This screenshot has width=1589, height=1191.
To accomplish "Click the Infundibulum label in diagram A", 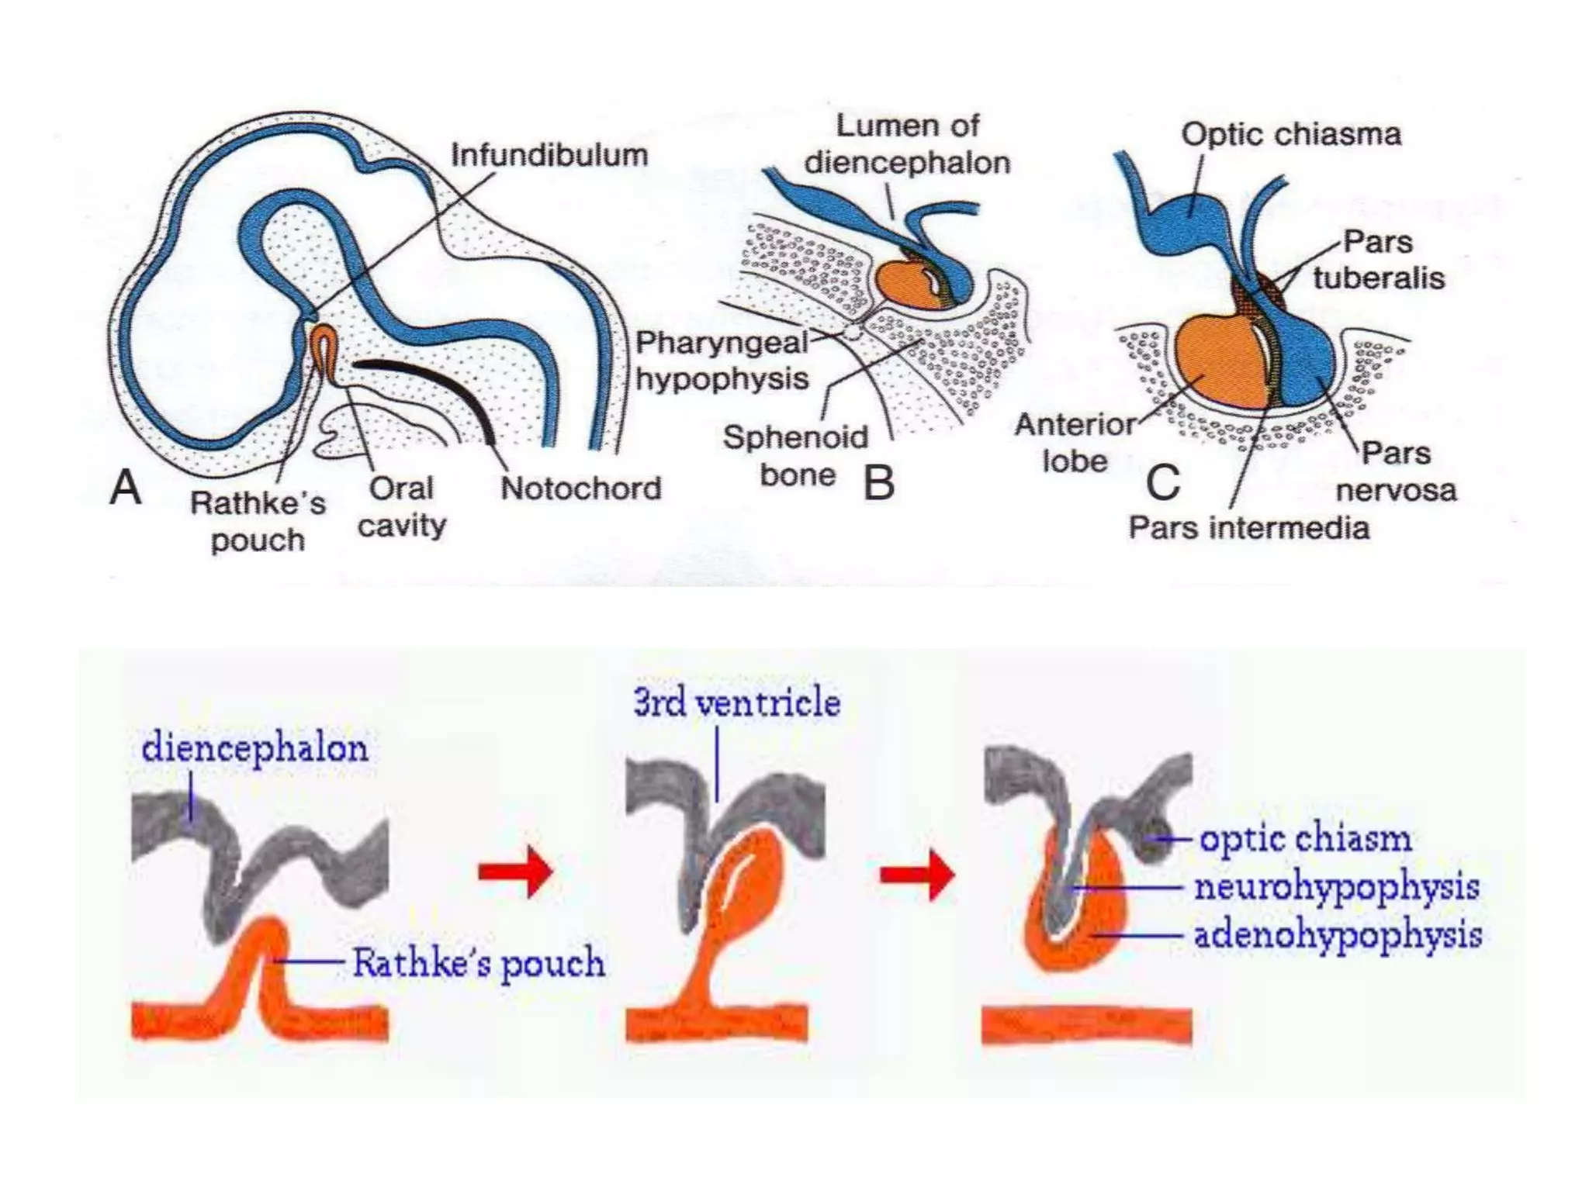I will (549, 155).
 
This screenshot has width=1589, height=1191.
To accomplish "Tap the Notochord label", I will (580, 488).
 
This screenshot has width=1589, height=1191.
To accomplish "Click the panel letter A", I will (126, 488).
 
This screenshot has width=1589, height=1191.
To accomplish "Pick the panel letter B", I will (879, 483).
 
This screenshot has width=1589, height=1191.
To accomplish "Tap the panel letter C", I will (1162, 483).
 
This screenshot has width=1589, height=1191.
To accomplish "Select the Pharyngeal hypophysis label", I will (722, 361).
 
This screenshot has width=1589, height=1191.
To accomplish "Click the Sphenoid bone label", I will (795, 456).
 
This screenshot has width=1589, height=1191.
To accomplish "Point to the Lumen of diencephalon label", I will (907, 144).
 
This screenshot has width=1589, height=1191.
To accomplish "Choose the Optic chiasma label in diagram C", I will (1291, 135).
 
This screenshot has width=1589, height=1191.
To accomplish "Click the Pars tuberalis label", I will (1378, 260).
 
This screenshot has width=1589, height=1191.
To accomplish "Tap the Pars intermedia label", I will (1248, 528).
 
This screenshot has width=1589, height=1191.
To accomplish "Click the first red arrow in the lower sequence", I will (516, 872).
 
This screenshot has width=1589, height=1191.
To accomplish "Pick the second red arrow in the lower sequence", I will (917, 875).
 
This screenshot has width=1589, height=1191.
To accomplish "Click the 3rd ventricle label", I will (736, 703).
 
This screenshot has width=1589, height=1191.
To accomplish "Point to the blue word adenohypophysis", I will (1338, 935).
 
